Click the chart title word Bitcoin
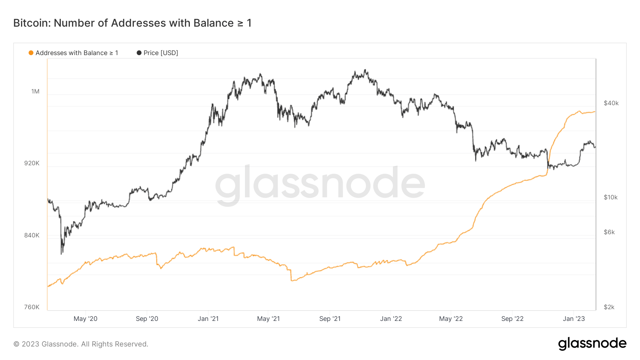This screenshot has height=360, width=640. click(x=32, y=23)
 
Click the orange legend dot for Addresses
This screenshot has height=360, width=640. click(x=31, y=53)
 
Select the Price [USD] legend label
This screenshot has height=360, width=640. click(x=161, y=53)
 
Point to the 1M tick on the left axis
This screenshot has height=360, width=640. click(x=35, y=91)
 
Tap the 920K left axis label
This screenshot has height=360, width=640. click(x=32, y=163)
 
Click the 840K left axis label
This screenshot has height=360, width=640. click(x=32, y=235)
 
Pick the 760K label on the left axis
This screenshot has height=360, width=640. click(x=32, y=307)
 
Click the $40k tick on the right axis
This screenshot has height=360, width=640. click(x=611, y=103)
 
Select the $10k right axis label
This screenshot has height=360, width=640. click(x=611, y=197)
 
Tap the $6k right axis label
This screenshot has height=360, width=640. click(x=609, y=232)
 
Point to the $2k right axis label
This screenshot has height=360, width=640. click(x=609, y=307)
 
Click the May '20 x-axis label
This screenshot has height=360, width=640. click(x=85, y=319)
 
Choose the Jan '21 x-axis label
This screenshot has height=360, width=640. click(x=208, y=319)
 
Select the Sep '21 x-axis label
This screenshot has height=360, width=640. click(x=330, y=319)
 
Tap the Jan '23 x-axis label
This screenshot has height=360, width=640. click(x=574, y=319)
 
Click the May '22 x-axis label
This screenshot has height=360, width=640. click(x=451, y=319)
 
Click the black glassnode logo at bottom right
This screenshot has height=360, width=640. click(x=592, y=344)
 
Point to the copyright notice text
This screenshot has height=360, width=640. click(x=81, y=344)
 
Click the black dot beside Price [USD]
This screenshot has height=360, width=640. click(x=139, y=53)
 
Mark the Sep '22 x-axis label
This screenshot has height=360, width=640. click(x=512, y=319)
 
